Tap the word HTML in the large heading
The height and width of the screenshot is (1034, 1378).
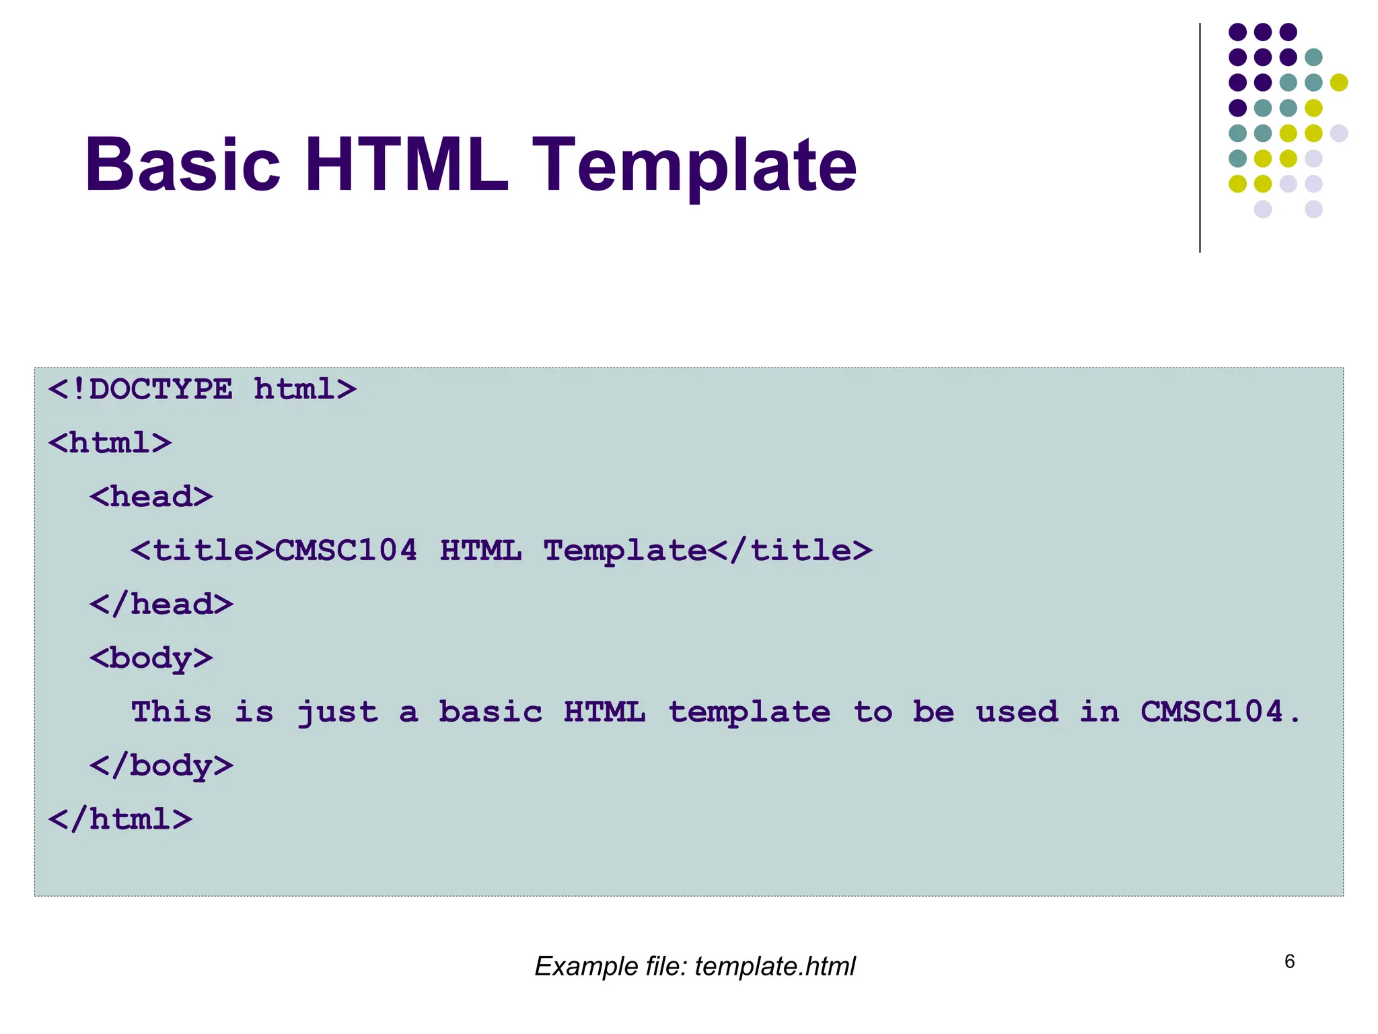(x=406, y=165)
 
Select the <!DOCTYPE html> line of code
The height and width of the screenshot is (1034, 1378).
(x=202, y=389)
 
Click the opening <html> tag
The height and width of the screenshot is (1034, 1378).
(x=110, y=443)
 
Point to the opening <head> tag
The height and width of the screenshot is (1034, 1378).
(x=151, y=497)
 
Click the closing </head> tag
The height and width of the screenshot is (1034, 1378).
(x=161, y=605)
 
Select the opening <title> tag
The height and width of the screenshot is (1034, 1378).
(x=202, y=551)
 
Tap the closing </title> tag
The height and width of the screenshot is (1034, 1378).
(x=790, y=551)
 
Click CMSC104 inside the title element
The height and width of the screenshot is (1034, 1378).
(x=346, y=551)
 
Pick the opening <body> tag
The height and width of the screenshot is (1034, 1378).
(x=151, y=658)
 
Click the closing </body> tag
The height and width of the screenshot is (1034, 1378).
(x=161, y=766)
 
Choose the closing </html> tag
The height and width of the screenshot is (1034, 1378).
(x=120, y=820)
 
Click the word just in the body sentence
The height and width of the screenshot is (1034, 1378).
(x=337, y=712)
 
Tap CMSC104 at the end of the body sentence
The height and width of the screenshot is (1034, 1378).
(x=1211, y=712)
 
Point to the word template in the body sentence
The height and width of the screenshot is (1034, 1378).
(x=749, y=712)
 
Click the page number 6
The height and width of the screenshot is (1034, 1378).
(x=1289, y=961)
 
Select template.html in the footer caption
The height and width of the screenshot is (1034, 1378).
(x=774, y=967)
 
